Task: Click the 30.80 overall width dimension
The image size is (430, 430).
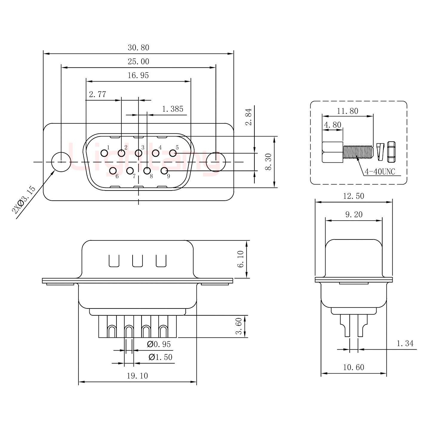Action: [x=138, y=48]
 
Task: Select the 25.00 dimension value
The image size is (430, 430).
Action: [x=138, y=62]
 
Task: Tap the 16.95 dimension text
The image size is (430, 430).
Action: [x=138, y=76]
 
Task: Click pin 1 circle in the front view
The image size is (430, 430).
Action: [x=104, y=153]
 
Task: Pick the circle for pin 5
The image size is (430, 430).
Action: [x=173, y=153]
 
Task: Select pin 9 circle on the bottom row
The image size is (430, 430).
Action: [x=164, y=171]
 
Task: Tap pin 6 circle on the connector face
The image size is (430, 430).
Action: [x=113, y=171]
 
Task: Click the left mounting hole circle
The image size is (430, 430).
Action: [x=61, y=162]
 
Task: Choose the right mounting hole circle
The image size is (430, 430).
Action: [x=216, y=162]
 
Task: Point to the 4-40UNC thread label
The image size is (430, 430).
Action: [x=380, y=172]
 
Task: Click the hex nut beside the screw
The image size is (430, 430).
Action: [x=391, y=152]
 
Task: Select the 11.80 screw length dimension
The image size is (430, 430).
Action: [x=348, y=111]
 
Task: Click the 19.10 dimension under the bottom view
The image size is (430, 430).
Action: [x=137, y=376]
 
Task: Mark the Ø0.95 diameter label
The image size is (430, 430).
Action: [x=159, y=345]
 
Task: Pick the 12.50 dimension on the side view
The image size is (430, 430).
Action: [x=354, y=196]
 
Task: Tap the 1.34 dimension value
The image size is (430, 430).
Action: [x=405, y=344]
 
